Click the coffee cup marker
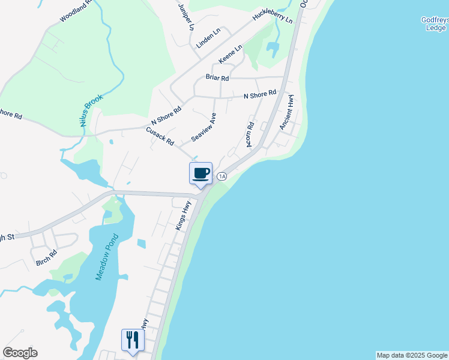point(200,173)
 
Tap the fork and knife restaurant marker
point(132,340)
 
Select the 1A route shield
point(222,176)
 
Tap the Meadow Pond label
point(107,255)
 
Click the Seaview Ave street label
point(203,127)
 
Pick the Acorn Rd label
point(251,133)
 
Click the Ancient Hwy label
point(287,112)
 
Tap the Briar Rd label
point(217,78)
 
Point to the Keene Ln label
point(230,55)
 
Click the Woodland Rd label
point(76,10)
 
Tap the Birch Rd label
point(46,257)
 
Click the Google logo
point(20,353)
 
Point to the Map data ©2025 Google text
point(412,355)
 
